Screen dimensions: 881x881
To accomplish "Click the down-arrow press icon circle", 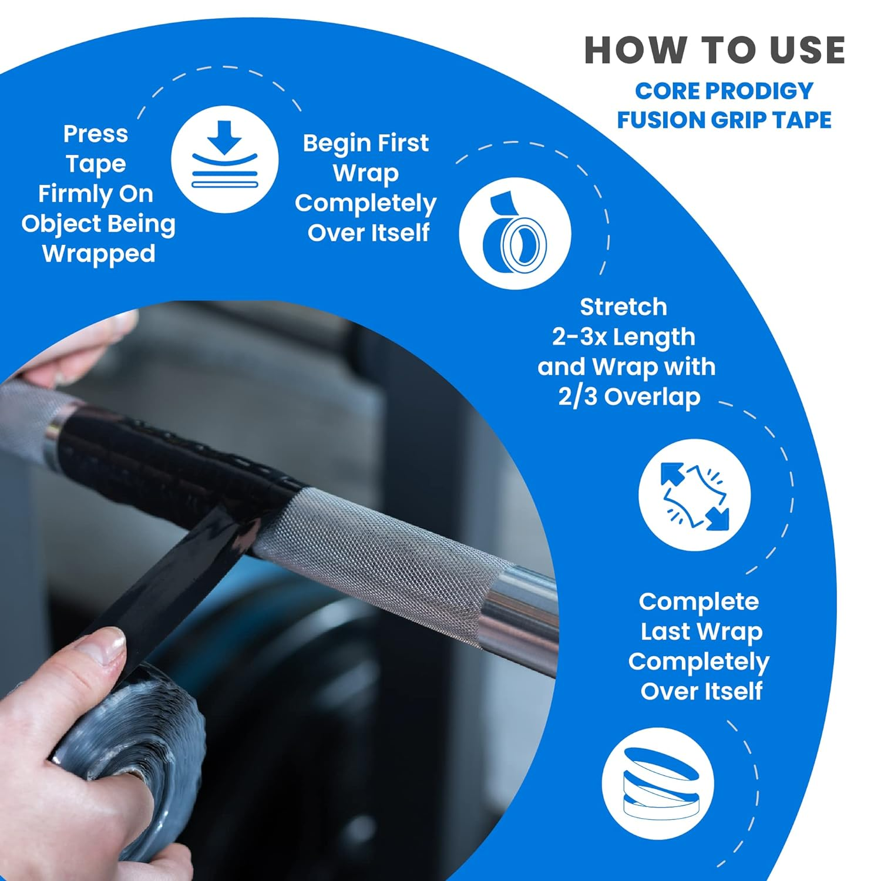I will point(224,159).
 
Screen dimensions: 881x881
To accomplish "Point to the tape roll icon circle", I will point(515,233).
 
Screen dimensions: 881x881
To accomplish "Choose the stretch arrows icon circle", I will point(694,495).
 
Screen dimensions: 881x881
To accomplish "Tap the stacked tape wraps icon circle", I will point(658,784).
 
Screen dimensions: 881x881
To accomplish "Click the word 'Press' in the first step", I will point(95,134).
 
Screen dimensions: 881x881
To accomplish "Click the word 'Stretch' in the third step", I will point(623,307).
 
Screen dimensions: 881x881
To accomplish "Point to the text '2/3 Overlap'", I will point(629,397).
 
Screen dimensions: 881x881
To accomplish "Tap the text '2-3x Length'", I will point(623,337).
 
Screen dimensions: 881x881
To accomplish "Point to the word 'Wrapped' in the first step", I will point(99,254).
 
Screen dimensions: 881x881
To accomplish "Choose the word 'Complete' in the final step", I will point(698,602).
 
